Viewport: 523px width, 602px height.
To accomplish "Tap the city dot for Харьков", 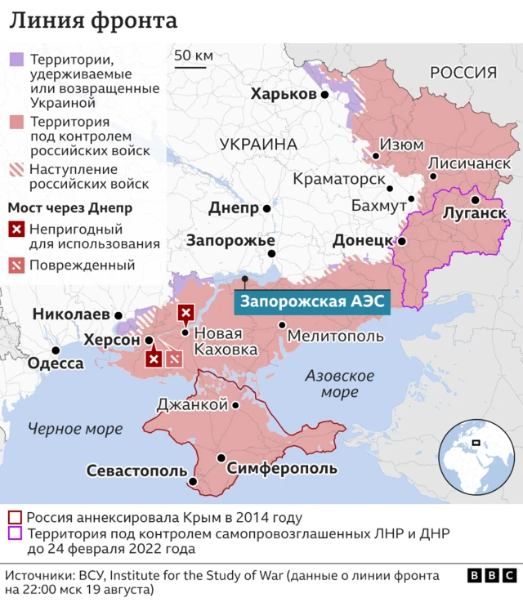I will point(324,95).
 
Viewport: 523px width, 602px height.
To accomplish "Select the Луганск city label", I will point(474,213).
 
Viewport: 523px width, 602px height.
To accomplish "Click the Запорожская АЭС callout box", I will point(312,301).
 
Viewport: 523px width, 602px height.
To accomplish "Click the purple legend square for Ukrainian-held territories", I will point(16,60).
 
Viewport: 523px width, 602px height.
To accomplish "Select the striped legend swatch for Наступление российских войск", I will point(16,170).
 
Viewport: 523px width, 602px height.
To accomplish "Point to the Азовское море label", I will point(339,384).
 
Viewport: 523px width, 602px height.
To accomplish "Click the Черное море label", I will point(74,428).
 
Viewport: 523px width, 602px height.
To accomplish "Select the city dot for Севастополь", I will point(192,481).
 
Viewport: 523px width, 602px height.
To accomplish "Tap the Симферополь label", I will point(282,468).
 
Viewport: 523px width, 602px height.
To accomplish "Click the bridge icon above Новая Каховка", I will point(186,312).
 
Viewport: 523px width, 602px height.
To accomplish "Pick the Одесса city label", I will point(56,363).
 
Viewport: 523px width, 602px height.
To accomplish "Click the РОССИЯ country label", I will point(463,73).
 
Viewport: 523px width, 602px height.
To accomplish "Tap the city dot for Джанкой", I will point(235,405).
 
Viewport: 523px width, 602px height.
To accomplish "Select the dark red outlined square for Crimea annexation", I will point(15,517).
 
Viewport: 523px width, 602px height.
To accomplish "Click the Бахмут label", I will point(378,205).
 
